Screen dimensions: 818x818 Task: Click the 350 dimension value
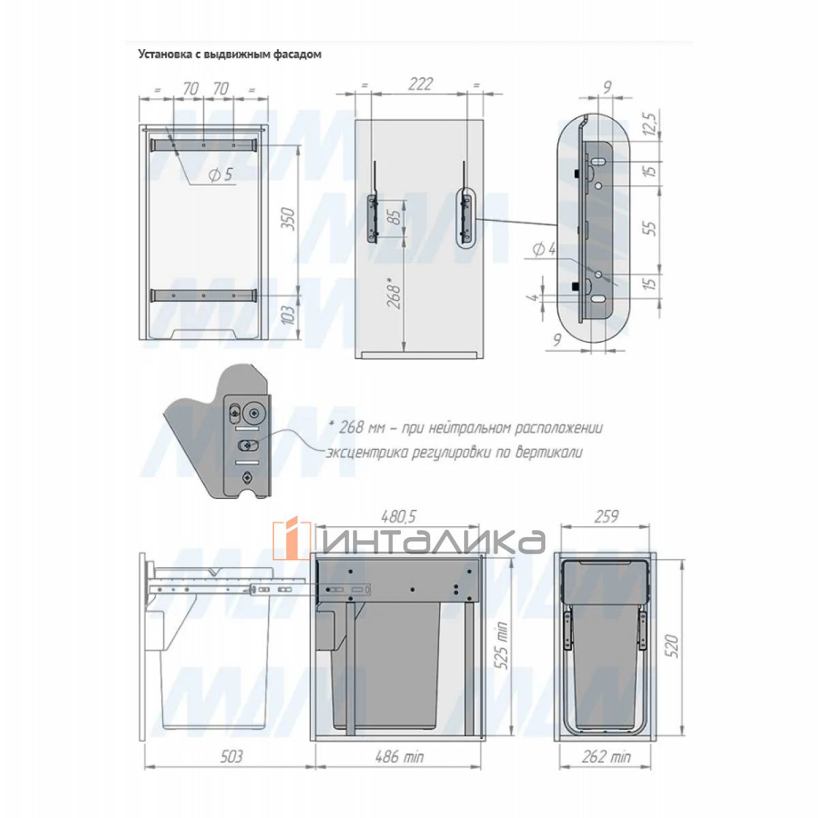coord(288,219)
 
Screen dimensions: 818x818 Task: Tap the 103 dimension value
coord(288,315)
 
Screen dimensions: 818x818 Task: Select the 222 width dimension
coord(421,84)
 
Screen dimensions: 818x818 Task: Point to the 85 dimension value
coord(395,217)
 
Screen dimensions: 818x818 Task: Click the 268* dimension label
coord(393,292)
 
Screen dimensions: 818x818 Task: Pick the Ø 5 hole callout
coord(222,175)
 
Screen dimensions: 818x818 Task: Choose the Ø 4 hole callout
coord(544,249)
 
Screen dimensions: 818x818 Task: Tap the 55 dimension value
coord(650,228)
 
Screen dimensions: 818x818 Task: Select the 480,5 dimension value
coord(399,517)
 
